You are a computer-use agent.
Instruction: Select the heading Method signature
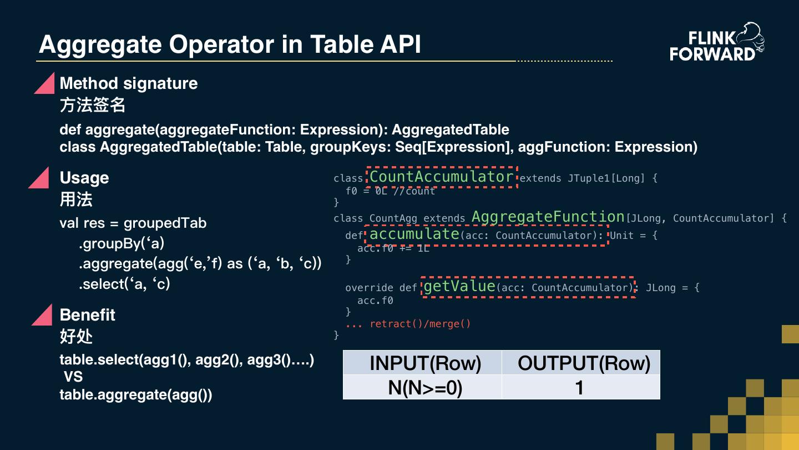(x=128, y=83)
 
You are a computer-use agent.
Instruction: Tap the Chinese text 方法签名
(x=92, y=104)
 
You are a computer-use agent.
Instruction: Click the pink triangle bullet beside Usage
(x=40, y=178)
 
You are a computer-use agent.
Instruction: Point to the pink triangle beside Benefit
(x=43, y=315)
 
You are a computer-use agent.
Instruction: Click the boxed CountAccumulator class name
(x=441, y=177)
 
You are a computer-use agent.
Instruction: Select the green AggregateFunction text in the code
(x=548, y=217)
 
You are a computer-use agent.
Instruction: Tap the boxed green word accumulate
(x=414, y=234)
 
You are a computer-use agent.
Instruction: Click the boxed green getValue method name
(x=459, y=287)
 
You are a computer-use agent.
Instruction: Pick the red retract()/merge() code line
(x=408, y=323)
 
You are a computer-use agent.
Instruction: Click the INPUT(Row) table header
(x=425, y=363)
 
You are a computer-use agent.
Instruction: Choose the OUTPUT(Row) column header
(x=584, y=363)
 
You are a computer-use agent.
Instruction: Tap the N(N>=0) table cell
(x=425, y=387)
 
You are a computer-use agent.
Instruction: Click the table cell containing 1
(x=580, y=387)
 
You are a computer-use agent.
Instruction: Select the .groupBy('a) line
(x=122, y=243)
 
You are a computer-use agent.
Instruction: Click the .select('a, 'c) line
(x=124, y=284)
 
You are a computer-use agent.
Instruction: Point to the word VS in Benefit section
(x=73, y=377)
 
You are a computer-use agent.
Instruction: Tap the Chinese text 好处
(x=76, y=336)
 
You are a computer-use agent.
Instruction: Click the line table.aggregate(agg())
(x=136, y=395)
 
